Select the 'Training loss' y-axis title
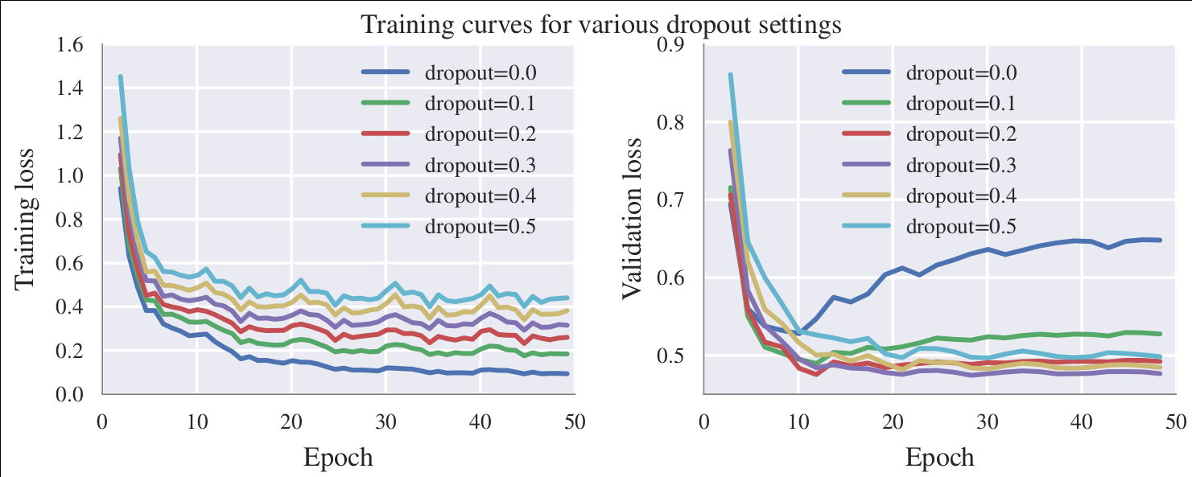(x=26, y=218)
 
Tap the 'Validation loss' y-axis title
(x=633, y=218)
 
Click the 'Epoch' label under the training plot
(x=338, y=458)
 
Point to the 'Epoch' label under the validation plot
(x=939, y=458)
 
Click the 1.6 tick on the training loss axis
(x=69, y=45)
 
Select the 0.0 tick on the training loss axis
(x=69, y=395)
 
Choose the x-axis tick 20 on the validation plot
(x=892, y=421)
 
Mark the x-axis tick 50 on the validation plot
(x=1175, y=421)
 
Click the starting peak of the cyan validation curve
(x=730, y=76)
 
